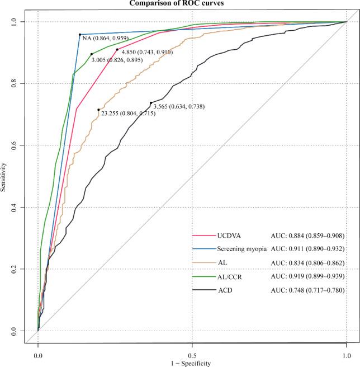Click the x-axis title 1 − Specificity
pyautogui.click(x=192, y=363)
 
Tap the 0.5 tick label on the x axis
pyautogui.click(x=192, y=354)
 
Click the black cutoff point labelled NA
pyautogui.click(x=80, y=35)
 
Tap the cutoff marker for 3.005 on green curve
pyautogui.click(x=92, y=54)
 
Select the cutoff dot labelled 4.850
pyautogui.click(x=117, y=50)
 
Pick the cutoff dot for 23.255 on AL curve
pyautogui.click(x=98, y=110)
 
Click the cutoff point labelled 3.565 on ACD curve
pyautogui.click(x=151, y=103)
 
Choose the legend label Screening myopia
pyautogui.click(x=240, y=248)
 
